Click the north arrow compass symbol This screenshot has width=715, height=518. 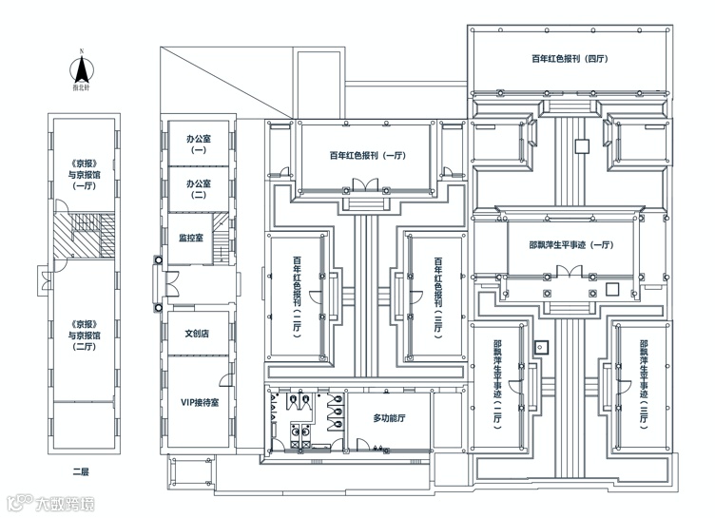point(83,69)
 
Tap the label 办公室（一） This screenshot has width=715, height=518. point(199,144)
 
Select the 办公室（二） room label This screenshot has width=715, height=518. point(199,187)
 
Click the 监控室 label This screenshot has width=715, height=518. point(191,238)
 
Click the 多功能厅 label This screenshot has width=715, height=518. point(389,417)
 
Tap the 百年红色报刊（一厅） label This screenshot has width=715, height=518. point(368,156)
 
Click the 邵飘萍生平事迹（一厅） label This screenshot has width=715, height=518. point(569,244)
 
